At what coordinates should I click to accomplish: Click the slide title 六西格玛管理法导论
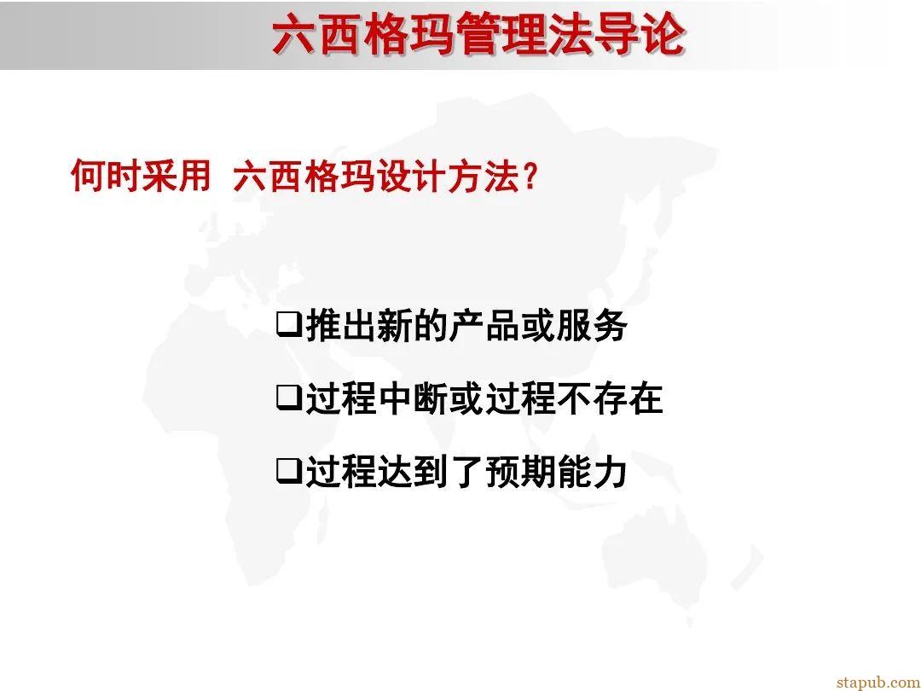[x=478, y=36]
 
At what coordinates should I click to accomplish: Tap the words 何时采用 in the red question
[x=141, y=177]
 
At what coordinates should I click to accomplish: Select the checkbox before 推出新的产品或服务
[x=289, y=325]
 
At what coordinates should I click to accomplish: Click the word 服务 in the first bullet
[x=591, y=326]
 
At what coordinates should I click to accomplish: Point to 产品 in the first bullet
[x=484, y=326]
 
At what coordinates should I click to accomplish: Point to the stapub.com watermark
[x=878, y=681]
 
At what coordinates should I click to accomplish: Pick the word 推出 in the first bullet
[x=340, y=326]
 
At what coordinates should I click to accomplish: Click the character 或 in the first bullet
[x=537, y=326]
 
